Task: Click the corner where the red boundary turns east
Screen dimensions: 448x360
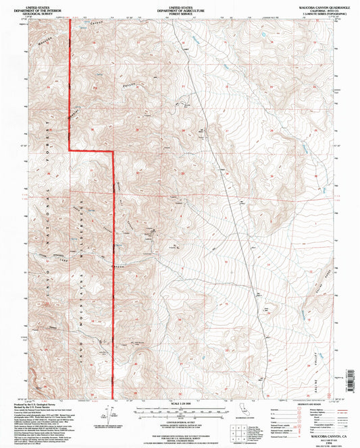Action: pos(72,150)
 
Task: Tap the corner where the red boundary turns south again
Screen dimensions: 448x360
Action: pos(112,150)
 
